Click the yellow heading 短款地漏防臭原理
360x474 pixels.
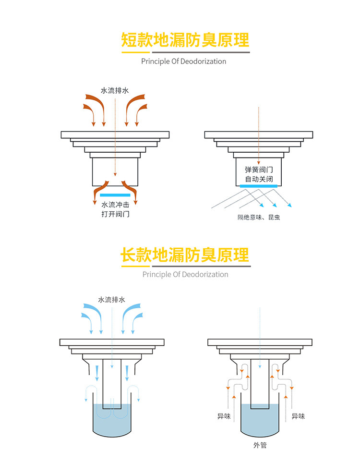coord(185,40)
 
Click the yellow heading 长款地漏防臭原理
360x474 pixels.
coord(185,255)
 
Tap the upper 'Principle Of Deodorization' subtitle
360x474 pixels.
coord(183,61)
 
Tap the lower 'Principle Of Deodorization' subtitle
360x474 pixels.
coord(185,275)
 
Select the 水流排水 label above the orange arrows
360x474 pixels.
coord(115,90)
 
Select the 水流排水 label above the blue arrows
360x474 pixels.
coord(111,300)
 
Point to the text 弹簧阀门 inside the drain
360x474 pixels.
coord(259,170)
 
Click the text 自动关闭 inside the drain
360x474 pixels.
coord(259,179)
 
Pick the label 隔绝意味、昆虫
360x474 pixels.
coord(259,218)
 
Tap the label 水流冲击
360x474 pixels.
coord(115,205)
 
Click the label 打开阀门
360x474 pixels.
coord(115,214)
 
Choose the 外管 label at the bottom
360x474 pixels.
coord(260,445)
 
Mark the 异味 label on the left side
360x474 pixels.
coord(224,416)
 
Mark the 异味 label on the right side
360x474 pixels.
coord(298,416)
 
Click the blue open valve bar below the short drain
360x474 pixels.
coord(115,195)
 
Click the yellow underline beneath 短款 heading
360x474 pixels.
coord(136,52)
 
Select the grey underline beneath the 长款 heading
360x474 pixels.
coord(201,267)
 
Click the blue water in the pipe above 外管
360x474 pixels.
coord(260,422)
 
